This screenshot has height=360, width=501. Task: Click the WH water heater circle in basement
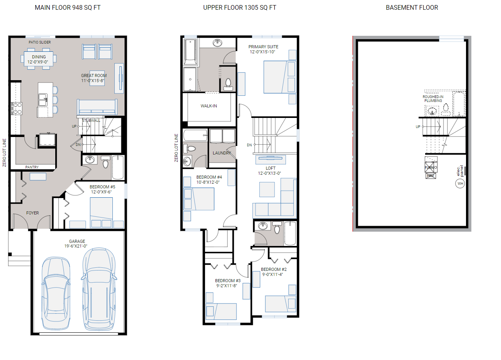pyautogui.click(x=460, y=183)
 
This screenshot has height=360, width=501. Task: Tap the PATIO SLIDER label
pyautogui.click(x=40, y=42)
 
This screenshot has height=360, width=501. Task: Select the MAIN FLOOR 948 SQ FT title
pyautogui.click(x=67, y=8)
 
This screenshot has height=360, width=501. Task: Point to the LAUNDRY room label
pyautogui.click(x=222, y=153)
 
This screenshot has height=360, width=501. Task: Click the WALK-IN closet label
pyautogui.click(x=209, y=106)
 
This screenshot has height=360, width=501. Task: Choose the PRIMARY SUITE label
pyautogui.click(x=263, y=47)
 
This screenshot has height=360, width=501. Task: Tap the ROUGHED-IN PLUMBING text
pyautogui.click(x=433, y=99)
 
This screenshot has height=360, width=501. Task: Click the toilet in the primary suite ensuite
pyautogui.click(x=228, y=84)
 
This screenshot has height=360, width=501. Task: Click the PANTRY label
pyautogui.click(x=32, y=167)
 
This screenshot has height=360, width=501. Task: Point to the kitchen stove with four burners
pyautogui.click(x=18, y=108)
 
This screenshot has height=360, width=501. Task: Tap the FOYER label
pyautogui.click(x=32, y=213)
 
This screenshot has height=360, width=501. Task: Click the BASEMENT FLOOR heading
pyautogui.click(x=412, y=8)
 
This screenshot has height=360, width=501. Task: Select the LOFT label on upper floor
pyautogui.click(x=270, y=168)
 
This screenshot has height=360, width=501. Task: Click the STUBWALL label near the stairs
pyautogui.click(x=91, y=121)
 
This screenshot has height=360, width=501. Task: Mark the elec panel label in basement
pyautogui.click(x=460, y=170)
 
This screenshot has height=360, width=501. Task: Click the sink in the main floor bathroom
pyautogui.click(x=90, y=160)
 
